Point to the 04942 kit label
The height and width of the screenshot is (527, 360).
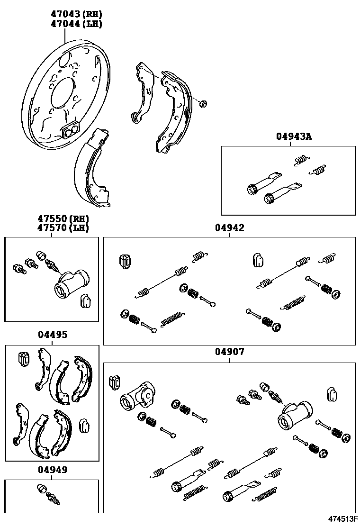click(x=229, y=228)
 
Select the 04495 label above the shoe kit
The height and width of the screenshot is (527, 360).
click(x=52, y=335)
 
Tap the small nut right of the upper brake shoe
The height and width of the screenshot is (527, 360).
click(x=203, y=103)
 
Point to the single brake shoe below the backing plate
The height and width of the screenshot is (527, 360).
click(x=93, y=171)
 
